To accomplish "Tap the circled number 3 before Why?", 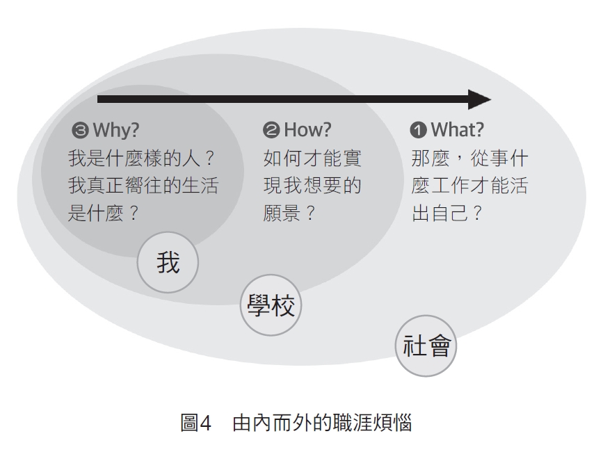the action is point(80,130).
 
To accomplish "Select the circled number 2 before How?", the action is point(271,130).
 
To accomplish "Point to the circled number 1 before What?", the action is point(419,130).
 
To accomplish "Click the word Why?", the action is point(116,130).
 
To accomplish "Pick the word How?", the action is point(307,130).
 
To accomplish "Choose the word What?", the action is point(457,130).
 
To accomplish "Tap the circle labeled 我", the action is point(168,262).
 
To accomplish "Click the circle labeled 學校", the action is point(271,305).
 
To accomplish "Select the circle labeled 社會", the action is point(426,346).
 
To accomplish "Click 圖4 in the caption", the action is point(196,423).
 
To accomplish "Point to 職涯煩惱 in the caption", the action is point(372,423).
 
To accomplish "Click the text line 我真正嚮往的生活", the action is point(143,186).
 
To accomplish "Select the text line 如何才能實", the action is point(312,158).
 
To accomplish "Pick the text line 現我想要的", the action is point(312,186).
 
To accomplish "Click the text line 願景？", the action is point(289,213).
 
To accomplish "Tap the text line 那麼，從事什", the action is point(469,158).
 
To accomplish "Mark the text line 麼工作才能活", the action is point(469,186).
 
